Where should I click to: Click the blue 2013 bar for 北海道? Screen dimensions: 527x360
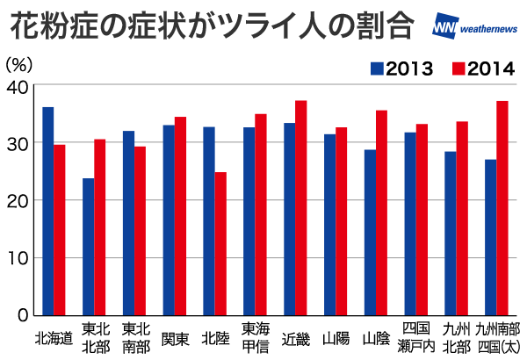coord(48,211)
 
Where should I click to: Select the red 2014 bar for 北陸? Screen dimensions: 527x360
coord(220,244)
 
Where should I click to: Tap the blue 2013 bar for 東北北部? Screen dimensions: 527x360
coord(89,247)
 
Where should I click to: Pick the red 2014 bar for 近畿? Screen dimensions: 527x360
coord(301,208)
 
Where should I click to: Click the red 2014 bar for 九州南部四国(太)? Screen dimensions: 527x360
coord(502,208)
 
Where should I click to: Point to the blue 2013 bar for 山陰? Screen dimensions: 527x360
coord(370,233)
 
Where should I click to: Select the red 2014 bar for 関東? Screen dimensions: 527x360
coord(180,216)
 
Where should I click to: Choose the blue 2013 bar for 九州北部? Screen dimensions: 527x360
coord(451,234)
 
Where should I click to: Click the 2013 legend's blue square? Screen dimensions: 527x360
coord(377,68)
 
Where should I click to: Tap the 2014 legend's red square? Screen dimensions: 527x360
coord(458,68)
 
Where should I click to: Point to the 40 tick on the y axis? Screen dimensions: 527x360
coord(18,87)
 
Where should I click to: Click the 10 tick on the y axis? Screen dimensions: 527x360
coord(18,258)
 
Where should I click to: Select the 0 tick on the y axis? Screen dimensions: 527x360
coord(23,315)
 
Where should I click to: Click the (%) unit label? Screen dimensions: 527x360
coord(19,64)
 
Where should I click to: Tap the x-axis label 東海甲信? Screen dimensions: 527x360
coord(256,338)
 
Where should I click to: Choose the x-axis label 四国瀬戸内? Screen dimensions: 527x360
coord(416,338)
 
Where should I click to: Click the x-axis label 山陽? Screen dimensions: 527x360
coord(336,338)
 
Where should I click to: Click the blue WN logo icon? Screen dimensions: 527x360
coord(445,25)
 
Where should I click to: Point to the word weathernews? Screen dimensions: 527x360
coord(488,29)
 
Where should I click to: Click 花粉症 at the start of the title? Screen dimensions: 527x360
coord(54,26)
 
